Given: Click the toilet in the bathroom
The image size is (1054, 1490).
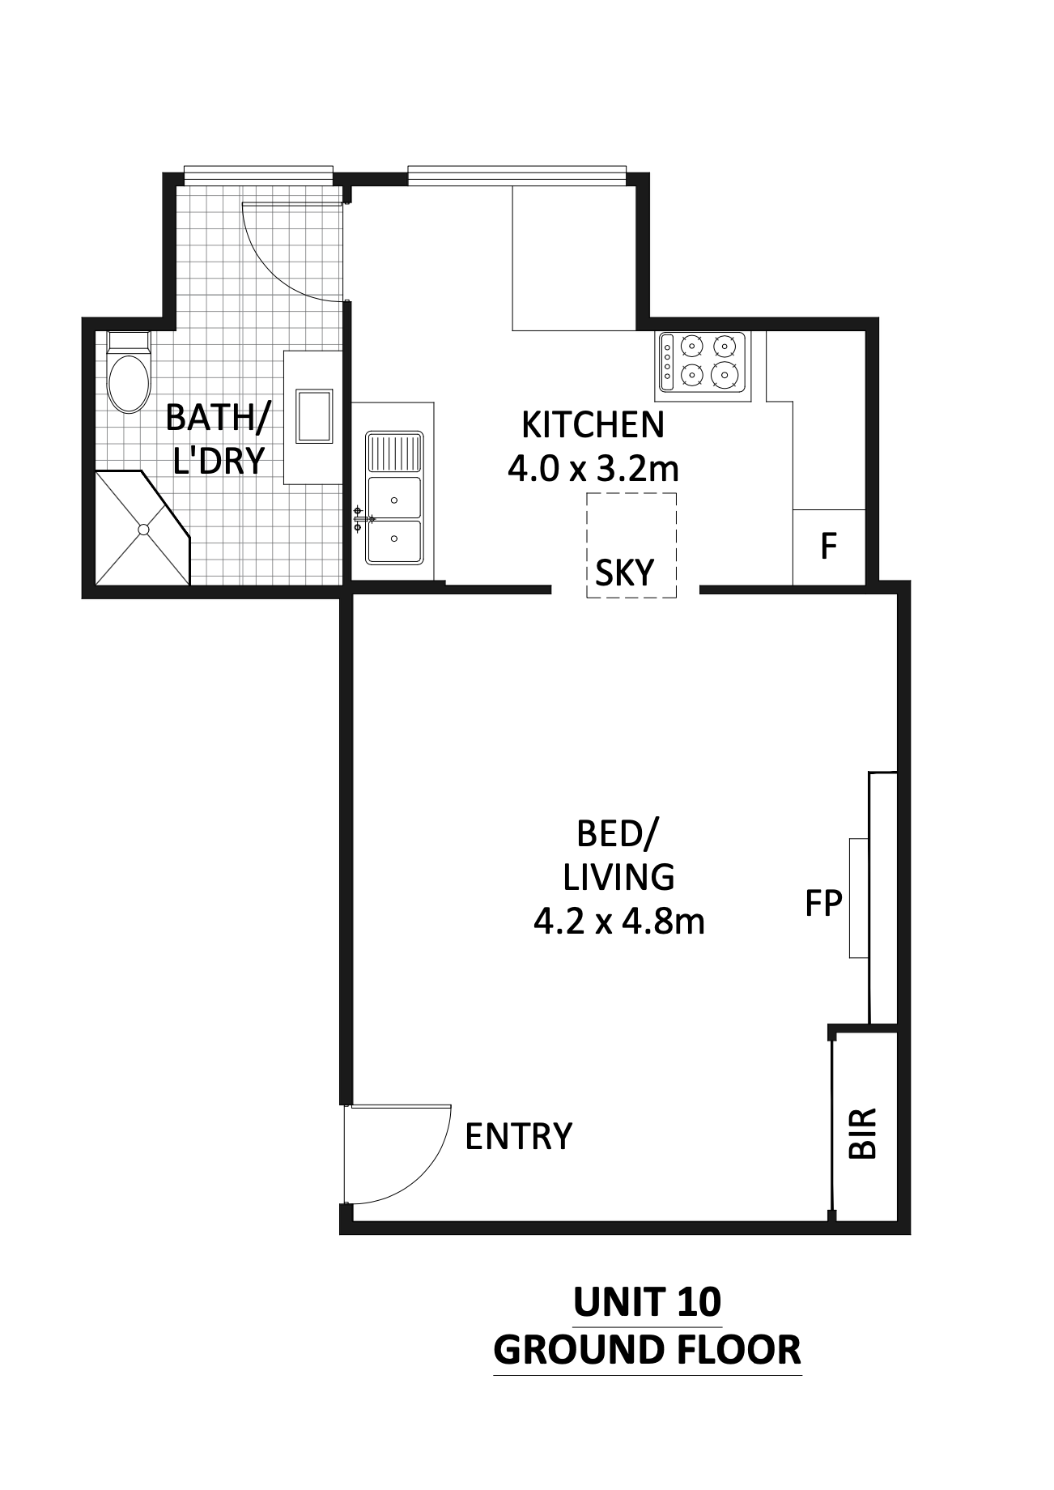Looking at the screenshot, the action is click(129, 372).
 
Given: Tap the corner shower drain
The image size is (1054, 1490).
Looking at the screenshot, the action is click(143, 530).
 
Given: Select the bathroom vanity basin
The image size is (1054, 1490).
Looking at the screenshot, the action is click(314, 416).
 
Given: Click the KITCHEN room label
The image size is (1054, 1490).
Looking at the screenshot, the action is click(593, 424).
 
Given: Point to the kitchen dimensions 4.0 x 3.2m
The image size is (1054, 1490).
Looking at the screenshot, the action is click(593, 468).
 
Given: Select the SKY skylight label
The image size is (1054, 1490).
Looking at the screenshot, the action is click(624, 573).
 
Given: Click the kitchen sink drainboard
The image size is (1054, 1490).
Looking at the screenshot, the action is click(394, 453).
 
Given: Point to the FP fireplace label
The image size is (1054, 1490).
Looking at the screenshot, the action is click(823, 903).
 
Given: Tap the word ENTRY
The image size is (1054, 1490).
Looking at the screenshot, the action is click(518, 1136).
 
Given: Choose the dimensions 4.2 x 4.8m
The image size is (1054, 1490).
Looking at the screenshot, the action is click(619, 922).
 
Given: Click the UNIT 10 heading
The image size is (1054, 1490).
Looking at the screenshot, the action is click(647, 1303).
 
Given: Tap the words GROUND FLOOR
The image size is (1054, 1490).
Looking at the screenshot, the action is click(647, 1351).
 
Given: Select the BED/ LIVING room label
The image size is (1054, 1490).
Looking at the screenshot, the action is click(619, 854).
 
